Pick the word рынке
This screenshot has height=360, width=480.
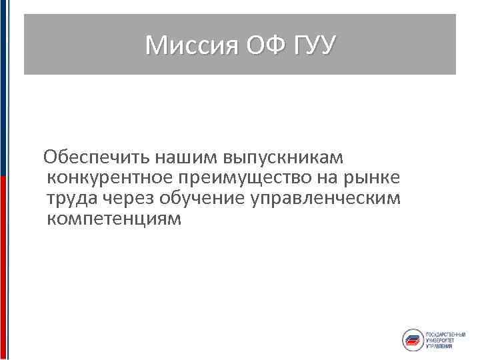376,178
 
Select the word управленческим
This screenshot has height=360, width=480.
320,199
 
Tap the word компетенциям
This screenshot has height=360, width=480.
114,219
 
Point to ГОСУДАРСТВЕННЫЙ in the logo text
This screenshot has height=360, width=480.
445,333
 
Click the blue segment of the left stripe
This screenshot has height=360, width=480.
3,87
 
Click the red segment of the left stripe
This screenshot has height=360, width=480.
3,267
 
